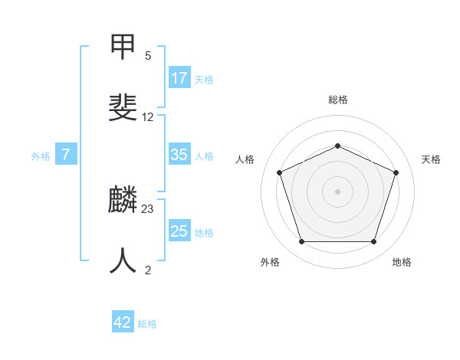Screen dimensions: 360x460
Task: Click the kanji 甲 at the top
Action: coord(123,47)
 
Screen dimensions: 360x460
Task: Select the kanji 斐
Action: coord(123,108)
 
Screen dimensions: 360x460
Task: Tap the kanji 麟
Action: coord(123,201)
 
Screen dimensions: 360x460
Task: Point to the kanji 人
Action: coord(123,261)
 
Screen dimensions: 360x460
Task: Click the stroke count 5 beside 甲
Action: coord(147,56)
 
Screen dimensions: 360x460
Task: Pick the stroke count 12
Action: coord(148,117)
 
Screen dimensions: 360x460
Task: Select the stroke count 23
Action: coord(148,209)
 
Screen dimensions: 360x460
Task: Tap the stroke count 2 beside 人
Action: coord(147,270)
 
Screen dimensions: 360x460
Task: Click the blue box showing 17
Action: coord(179,77)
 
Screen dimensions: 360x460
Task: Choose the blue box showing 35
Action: coord(179,155)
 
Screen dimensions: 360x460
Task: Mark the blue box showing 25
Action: coord(179,231)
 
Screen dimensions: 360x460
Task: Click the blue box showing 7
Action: coord(66,155)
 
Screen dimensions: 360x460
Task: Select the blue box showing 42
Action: coord(123,322)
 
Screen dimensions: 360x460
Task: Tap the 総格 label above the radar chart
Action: coord(338,100)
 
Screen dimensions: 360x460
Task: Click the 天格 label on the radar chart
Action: coord(432,159)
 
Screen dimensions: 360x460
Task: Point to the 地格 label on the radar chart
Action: coord(402,262)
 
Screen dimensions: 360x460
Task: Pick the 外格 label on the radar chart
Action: coord(270,262)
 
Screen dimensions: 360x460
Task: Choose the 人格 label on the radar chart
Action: coord(245,159)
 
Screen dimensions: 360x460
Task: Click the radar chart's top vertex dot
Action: coord(337,146)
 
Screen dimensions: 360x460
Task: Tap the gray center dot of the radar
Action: coord(337,191)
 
